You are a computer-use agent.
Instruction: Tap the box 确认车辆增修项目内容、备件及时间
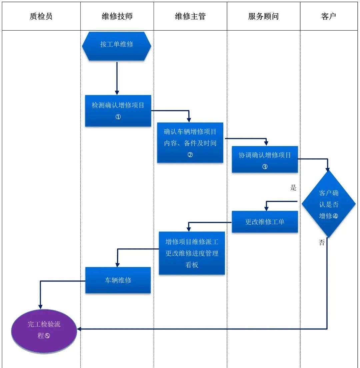(x=190, y=142)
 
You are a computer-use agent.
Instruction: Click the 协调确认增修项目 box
(x=265, y=159)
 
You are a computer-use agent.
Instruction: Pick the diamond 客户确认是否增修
(x=329, y=204)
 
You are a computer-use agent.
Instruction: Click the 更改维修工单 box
(x=265, y=222)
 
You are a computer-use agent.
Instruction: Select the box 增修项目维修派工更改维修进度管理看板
(x=192, y=253)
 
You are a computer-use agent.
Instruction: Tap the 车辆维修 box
(x=118, y=280)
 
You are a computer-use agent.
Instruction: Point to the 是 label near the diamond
(x=293, y=188)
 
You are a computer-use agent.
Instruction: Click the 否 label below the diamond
(x=322, y=243)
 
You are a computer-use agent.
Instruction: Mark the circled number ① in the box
(x=118, y=117)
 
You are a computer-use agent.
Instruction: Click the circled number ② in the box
(x=190, y=155)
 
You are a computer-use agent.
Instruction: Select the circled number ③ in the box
(x=265, y=167)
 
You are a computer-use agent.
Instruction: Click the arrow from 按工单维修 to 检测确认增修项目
(x=117, y=78)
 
